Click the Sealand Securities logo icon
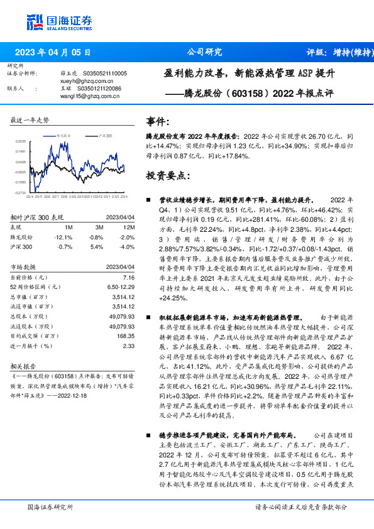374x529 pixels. (x=34, y=21)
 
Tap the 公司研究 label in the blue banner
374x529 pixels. (x=205, y=53)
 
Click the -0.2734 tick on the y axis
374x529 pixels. (x=21, y=192)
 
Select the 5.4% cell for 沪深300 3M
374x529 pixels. (x=96, y=248)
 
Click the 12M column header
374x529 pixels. (x=129, y=227)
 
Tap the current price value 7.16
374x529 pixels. (x=129, y=277)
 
